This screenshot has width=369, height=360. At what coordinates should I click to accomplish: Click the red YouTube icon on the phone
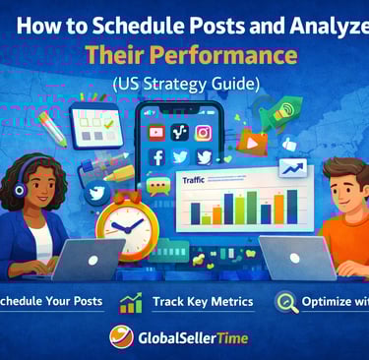pyautogui.click(x=154, y=132)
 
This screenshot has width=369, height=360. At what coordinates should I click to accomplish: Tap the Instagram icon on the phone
pyautogui.click(x=204, y=132)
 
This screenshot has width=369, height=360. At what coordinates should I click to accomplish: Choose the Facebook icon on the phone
pyautogui.click(x=156, y=157)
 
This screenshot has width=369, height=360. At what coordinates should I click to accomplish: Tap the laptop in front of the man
pyautogui.click(x=296, y=258)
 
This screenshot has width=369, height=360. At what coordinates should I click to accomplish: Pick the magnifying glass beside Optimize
pyautogui.click(x=285, y=301)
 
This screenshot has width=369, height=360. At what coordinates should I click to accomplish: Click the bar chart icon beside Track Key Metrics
pyautogui.click(x=129, y=302)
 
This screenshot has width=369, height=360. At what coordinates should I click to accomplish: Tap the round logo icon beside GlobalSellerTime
pyautogui.click(x=120, y=338)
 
